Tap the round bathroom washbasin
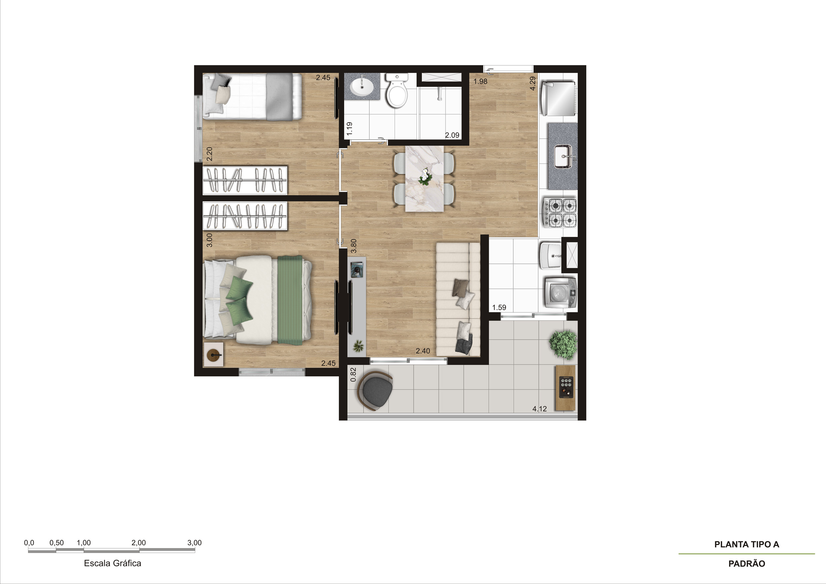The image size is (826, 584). click(x=362, y=87)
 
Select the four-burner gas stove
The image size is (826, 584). click(x=560, y=213)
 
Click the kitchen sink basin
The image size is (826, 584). click(x=563, y=156)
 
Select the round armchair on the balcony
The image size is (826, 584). click(x=375, y=390)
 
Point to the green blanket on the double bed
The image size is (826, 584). click(x=290, y=300)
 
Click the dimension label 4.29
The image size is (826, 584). click(x=533, y=83)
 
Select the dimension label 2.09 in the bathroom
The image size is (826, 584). click(x=452, y=135)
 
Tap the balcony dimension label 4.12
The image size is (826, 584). click(x=540, y=408)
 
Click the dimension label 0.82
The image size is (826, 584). click(x=353, y=374)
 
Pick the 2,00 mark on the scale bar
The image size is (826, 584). click(x=139, y=543)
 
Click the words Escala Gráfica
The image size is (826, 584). click(x=113, y=563)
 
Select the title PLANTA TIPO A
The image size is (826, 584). click(x=747, y=544)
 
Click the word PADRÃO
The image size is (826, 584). click(x=747, y=563)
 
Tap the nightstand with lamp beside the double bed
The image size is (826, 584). click(x=213, y=354)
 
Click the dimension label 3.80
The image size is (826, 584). click(x=354, y=246)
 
